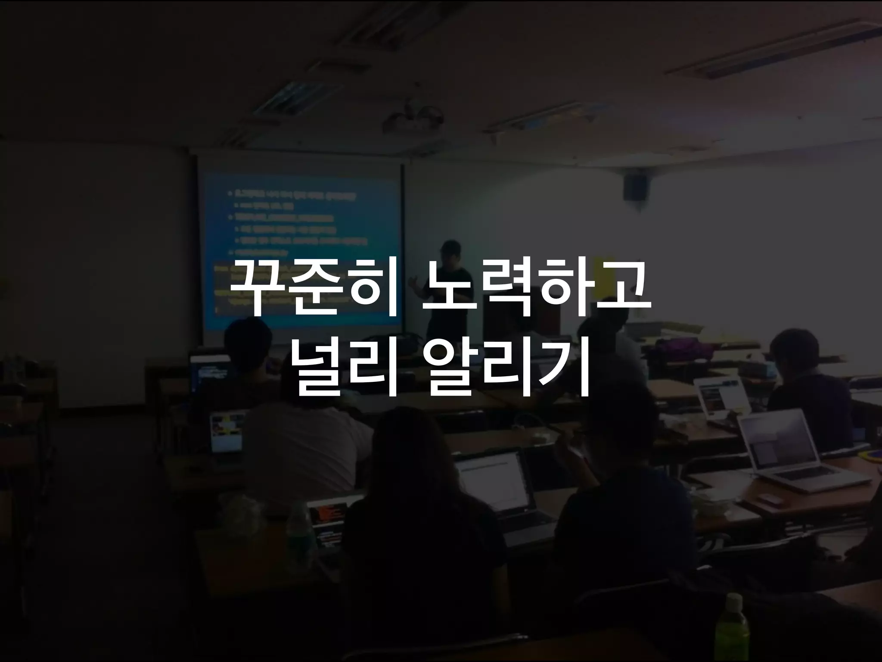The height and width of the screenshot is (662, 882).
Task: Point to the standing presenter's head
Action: pos(451,252)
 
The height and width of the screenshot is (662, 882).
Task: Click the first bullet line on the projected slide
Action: pos(293,195)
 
